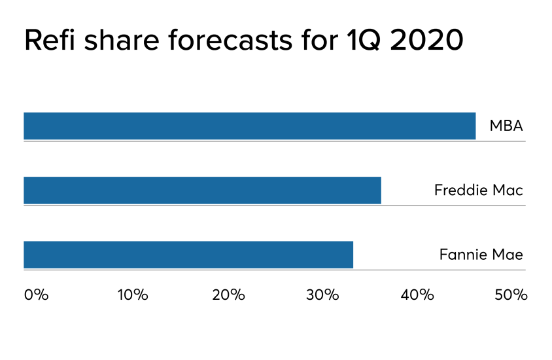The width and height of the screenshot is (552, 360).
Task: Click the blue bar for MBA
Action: tap(249, 126)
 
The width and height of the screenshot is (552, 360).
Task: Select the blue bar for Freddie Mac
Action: tap(202, 190)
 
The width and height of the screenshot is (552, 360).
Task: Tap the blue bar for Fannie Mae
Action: tap(188, 255)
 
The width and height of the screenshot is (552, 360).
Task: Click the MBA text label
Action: tap(506, 126)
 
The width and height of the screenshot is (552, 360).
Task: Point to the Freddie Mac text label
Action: tap(479, 190)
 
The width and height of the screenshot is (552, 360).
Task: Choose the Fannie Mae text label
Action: tap(481, 255)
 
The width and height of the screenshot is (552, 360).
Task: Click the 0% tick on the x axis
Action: tap(36, 295)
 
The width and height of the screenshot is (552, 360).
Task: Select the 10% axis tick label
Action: tap(132, 295)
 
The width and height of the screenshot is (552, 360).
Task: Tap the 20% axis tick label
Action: tap(228, 295)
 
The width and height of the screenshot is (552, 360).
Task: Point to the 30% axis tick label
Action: tap(323, 295)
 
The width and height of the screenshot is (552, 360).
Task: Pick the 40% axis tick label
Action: tap(418, 295)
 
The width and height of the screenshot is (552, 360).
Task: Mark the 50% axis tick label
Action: tap(511, 295)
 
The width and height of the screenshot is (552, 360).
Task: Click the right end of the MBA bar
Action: tap(474, 126)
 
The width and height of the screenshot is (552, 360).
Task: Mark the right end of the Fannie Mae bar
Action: tap(352, 255)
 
